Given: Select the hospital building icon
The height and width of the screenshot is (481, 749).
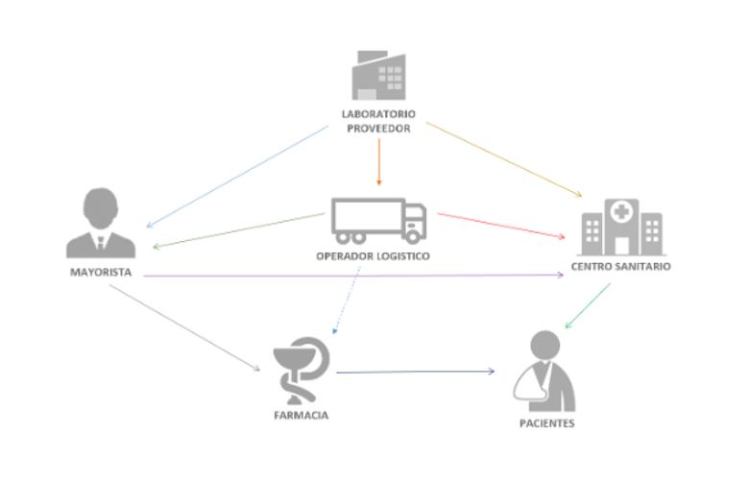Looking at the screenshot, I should pyautogui.click(x=622, y=226).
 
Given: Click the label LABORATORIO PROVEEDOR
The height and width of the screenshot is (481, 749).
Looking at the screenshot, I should pyautogui.click(x=379, y=120).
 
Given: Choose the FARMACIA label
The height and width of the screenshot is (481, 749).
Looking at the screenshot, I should pyautogui.click(x=302, y=416).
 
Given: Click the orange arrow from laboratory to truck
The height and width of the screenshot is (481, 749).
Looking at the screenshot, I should pyautogui.click(x=379, y=160).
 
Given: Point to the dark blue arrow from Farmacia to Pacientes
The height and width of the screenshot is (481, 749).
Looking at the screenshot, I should pyautogui.click(x=415, y=372).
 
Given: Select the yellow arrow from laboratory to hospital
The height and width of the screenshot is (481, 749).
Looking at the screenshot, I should pyautogui.click(x=503, y=158).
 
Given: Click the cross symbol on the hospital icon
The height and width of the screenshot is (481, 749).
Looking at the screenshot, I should pyautogui.click(x=622, y=210).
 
